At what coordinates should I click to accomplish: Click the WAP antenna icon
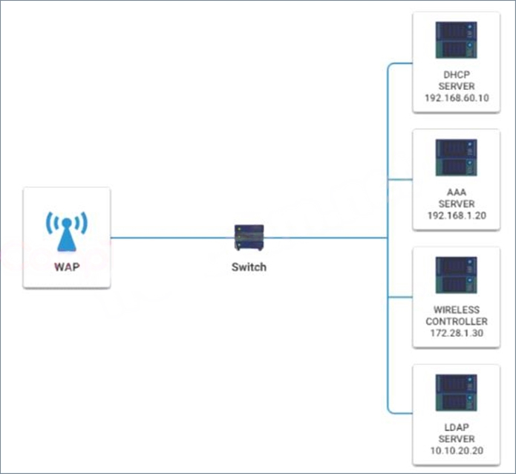pyautogui.click(x=67, y=232)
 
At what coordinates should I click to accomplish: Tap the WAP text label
pyautogui.click(x=67, y=267)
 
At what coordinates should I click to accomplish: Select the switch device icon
pyautogui.click(x=249, y=238)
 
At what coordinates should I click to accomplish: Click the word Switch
pyautogui.click(x=249, y=267)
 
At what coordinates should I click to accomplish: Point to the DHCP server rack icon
pyautogui.click(x=456, y=40)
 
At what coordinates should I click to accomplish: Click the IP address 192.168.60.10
pyautogui.click(x=457, y=98)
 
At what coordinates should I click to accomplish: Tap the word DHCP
pyautogui.click(x=457, y=75)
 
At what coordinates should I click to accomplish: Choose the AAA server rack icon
pyautogui.click(x=456, y=158)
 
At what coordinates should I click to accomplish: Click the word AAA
pyautogui.click(x=457, y=192)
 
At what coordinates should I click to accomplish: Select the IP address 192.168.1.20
pyautogui.click(x=457, y=215)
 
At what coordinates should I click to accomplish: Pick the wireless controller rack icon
pyautogui.click(x=456, y=275)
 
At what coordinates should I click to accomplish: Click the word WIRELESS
pyautogui.click(x=457, y=310)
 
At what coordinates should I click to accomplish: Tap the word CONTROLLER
pyautogui.click(x=457, y=321)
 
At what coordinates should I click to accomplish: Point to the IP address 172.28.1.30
pyautogui.click(x=457, y=333)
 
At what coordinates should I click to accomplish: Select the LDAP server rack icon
pyautogui.click(x=456, y=392)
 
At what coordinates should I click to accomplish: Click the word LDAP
pyautogui.click(x=457, y=427)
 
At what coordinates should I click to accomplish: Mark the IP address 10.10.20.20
pyautogui.click(x=457, y=450)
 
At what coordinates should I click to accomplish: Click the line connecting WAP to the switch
pyautogui.click(x=172, y=238)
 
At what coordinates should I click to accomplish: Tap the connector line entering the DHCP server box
pyautogui.click(x=400, y=63)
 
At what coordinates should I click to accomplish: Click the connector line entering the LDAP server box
pyautogui.click(x=400, y=413)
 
